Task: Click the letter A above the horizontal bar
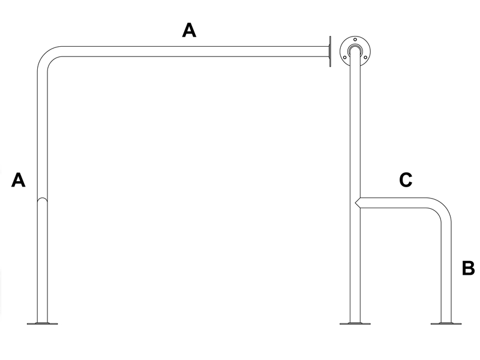[189, 31]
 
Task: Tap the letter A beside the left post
[19, 180]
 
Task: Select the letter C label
[406, 180]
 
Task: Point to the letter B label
[468, 268]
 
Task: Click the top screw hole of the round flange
[355, 40]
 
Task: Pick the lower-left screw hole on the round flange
[345, 57]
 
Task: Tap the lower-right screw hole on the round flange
[365, 57]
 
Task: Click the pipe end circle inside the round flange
[355, 50]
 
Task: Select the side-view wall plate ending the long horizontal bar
[329, 52]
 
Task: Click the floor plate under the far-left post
[42, 323]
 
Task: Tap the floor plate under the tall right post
[355, 323]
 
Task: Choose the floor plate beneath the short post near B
[446, 323]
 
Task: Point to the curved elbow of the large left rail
[47, 56]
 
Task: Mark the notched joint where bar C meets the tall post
[358, 203]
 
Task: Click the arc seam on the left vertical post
[42, 200]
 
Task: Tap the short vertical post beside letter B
[446, 272]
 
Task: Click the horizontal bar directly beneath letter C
[394, 203]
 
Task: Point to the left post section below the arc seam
[42, 262]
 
